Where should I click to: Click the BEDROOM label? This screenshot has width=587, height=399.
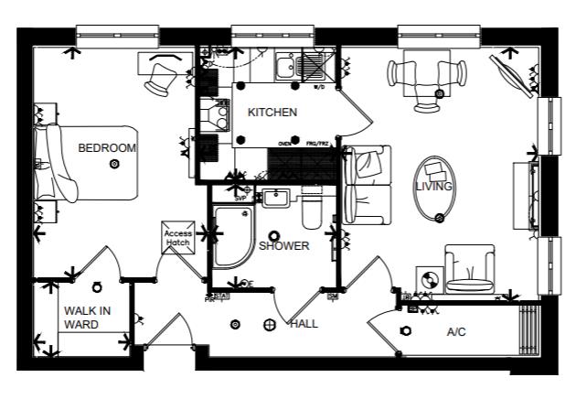[x=107, y=147]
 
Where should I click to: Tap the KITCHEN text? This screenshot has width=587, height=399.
[x=272, y=113]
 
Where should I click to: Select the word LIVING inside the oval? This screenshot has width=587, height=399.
[x=434, y=187]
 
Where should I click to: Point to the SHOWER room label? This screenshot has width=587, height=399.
[x=283, y=246]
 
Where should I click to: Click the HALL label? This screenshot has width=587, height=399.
[x=304, y=324]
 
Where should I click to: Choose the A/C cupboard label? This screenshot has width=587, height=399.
[x=456, y=331]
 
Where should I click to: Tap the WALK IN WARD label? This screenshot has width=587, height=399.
[x=87, y=318]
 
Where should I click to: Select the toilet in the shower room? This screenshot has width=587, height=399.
[x=311, y=210]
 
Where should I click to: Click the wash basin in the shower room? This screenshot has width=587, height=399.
[x=273, y=198]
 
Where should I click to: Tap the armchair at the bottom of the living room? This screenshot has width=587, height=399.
[x=470, y=270]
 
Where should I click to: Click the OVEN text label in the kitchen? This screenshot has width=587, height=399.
[x=284, y=144]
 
